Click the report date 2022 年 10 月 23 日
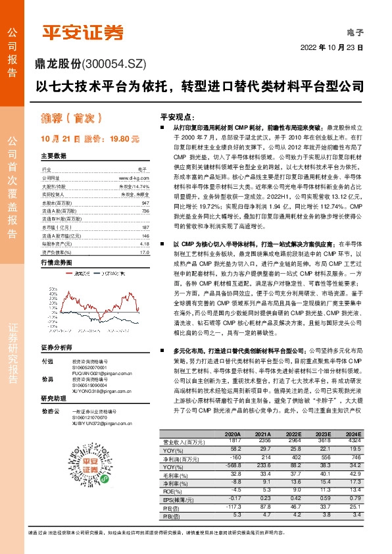click(x=332, y=48)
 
